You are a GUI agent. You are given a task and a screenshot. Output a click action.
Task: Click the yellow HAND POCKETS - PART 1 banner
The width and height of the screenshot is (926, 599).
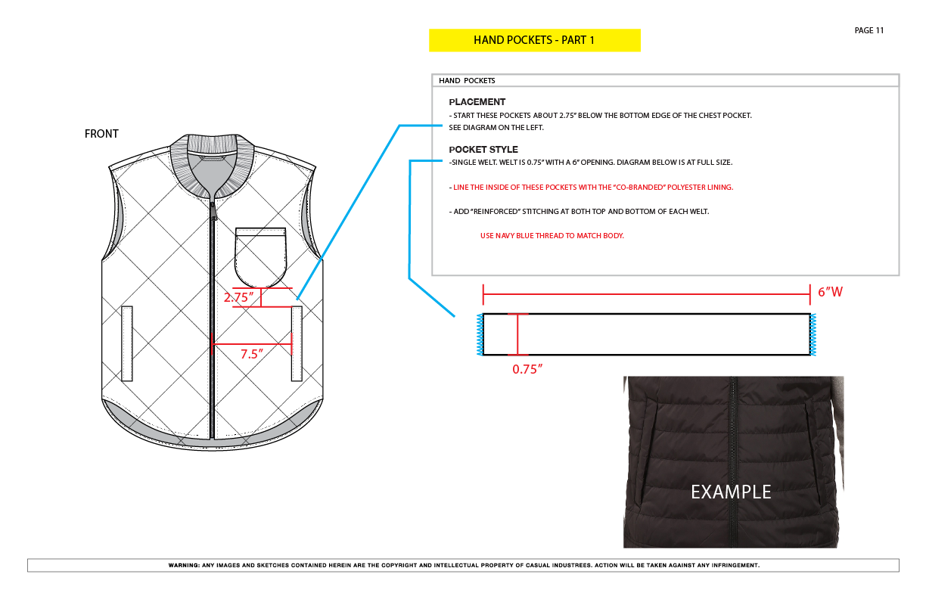pyautogui.click(x=535, y=40)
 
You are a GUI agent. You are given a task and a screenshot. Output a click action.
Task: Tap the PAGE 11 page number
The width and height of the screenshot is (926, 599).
pyautogui.click(x=869, y=30)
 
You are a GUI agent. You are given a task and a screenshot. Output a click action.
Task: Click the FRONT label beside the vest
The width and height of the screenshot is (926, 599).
pyautogui.click(x=101, y=134)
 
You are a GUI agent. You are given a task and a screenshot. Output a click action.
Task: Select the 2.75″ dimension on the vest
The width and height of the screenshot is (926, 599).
pyautogui.click(x=238, y=297)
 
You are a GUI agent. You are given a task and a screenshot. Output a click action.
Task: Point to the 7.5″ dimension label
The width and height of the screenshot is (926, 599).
pyautogui.click(x=252, y=354)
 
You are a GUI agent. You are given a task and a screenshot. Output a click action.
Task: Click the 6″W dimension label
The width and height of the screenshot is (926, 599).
pyautogui.click(x=830, y=292)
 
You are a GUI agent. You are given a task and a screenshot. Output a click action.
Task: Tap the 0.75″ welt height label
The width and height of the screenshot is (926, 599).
pyautogui.click(x=527, y=369)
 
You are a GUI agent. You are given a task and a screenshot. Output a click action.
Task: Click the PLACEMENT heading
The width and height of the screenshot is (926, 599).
pyautogui.click(x=477, y=102)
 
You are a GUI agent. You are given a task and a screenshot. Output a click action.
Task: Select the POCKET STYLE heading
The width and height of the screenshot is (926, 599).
pyautogui.click(x=483, y=150)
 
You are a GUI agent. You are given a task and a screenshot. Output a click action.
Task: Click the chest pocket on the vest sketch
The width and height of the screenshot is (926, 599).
pyautogui.click(x=260, y=257)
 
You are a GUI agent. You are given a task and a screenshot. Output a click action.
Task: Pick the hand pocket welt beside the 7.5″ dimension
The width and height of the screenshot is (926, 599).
pyautogui.click(x=297, y=343)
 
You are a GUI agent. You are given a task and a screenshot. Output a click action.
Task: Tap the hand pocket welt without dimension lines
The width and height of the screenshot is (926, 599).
pyautogui.click(x=127, y=343)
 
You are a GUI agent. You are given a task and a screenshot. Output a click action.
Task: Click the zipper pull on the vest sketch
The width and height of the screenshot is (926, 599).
pyautogui.click(x=213, y=211)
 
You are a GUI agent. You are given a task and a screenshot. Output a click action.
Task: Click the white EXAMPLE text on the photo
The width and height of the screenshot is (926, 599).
pyautogui.click(x=731, y=492)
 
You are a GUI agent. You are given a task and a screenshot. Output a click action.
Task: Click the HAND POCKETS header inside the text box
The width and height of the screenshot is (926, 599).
pyautogui.click(x=467, y=81)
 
